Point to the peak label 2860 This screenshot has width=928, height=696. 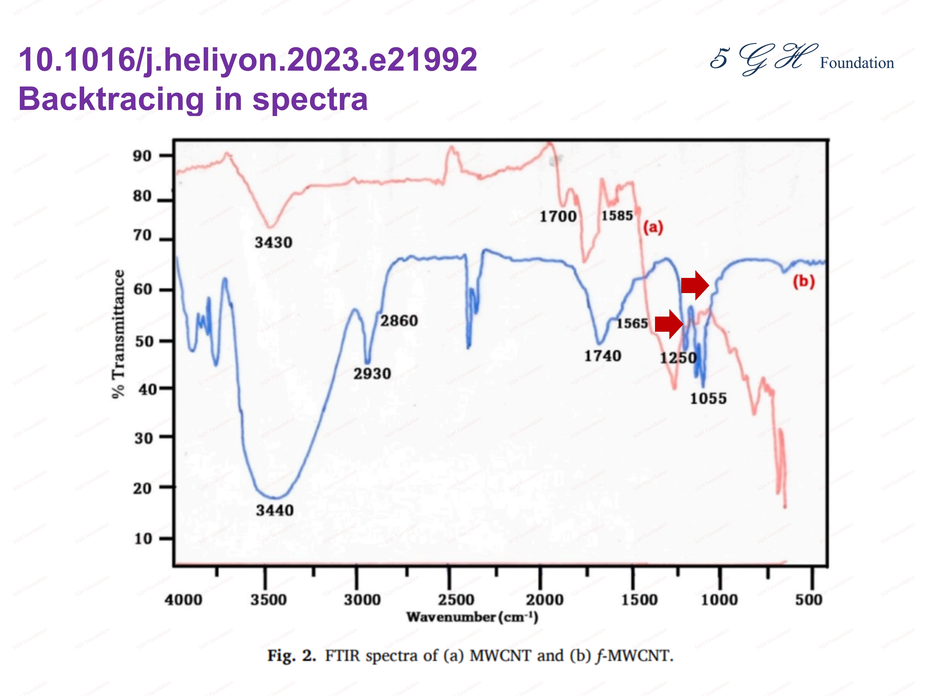(399, 321)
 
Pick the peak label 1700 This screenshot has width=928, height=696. (558, 217)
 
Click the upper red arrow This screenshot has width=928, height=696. (695, 285)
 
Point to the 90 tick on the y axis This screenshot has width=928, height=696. (142, 156)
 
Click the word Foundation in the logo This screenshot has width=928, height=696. (857, 63)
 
